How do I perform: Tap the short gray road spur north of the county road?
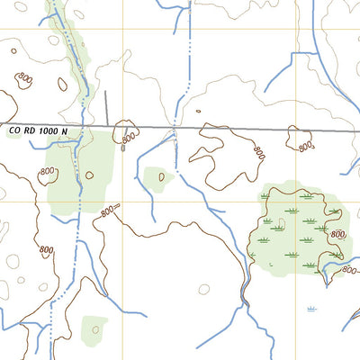106,107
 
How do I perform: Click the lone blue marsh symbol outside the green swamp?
311,309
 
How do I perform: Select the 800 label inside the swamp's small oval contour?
337,234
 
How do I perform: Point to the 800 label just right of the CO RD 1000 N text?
129,139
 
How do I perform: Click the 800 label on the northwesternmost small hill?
24,80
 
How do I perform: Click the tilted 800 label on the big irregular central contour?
259,153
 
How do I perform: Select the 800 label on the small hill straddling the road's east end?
306,144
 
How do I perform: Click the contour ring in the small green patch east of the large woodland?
162,176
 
